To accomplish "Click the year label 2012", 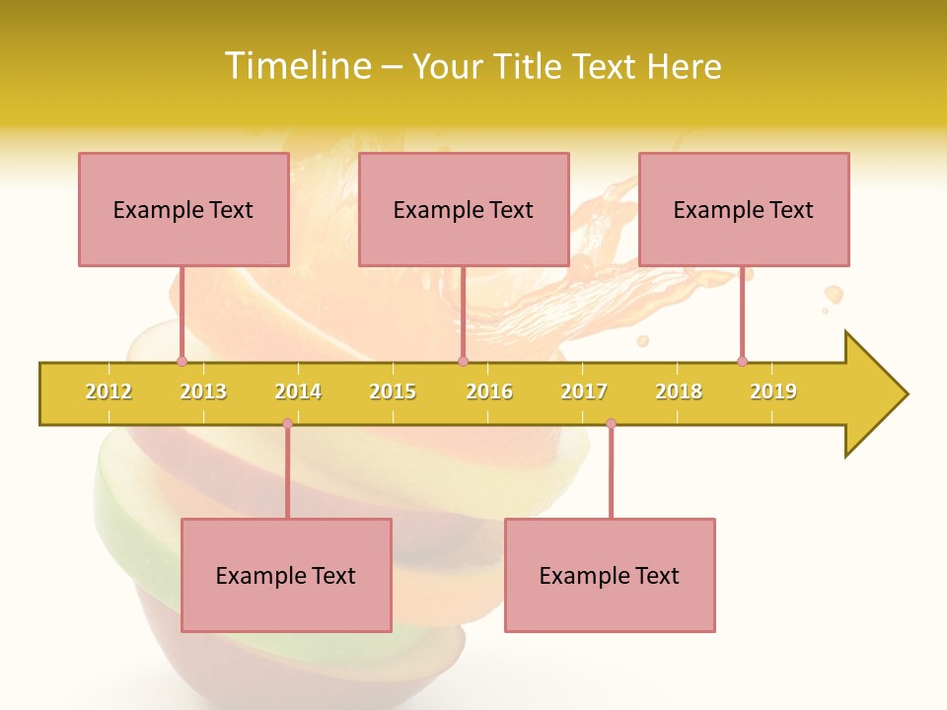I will (x=109, y=391).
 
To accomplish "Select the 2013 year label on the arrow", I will (x=203, y=391).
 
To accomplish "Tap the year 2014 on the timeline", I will (x=298, y=391).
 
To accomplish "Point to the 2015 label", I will (x=393, y=391).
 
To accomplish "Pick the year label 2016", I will (x=489, y=391).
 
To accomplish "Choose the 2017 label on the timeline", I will (x=584, y=391).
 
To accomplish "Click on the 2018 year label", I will (x=679, y=391).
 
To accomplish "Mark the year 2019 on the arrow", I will (x=773, y=391).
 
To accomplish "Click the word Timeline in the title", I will (x=298, y=66).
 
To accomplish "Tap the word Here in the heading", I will (x=684, y=66).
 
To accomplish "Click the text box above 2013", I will (x=183, y=209).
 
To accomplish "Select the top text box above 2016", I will (x=464, y=209).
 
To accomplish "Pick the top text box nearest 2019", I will (x=744, y=209).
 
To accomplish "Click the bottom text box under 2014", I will (x=286, y=575).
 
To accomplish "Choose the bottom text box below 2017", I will (x=610, y=575).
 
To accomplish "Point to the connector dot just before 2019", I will (x=742, y=361).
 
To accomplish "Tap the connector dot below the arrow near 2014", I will (x=287, y=423).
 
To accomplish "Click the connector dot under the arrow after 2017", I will (x=611, y=423).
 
